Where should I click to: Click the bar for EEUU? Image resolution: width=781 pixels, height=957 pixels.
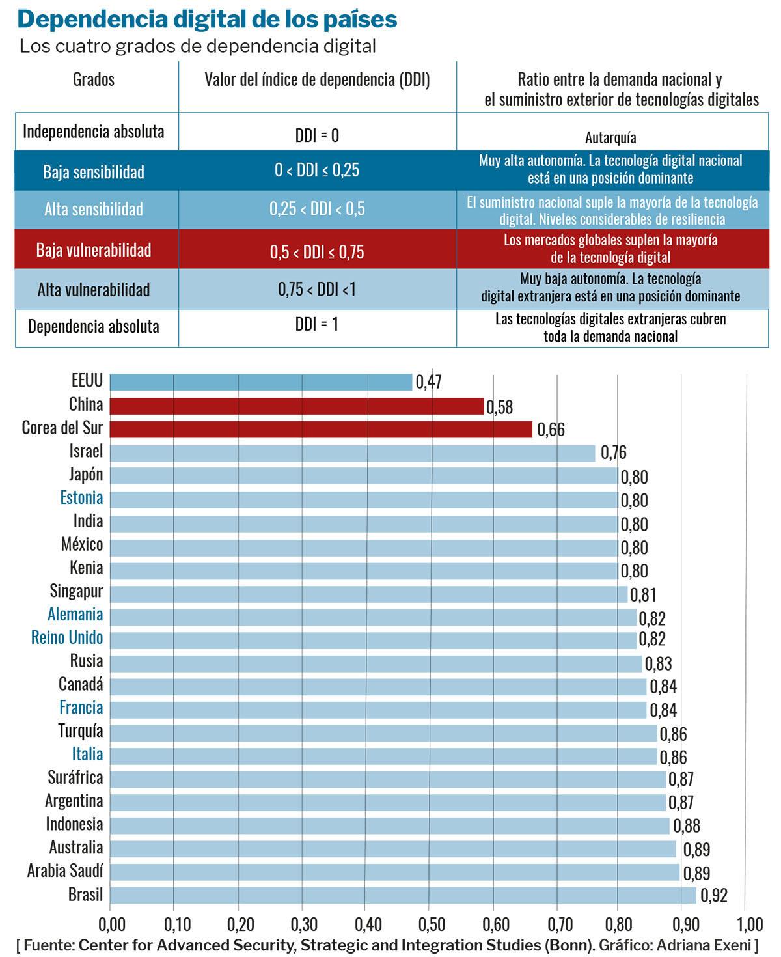point(260,382)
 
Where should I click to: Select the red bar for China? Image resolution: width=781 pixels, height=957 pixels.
point(297,406)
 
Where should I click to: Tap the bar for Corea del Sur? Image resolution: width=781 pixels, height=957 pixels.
point(321,429)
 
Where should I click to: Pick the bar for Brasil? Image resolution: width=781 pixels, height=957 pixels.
point(403,895)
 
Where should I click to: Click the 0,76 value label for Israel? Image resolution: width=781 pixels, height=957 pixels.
point(613,452)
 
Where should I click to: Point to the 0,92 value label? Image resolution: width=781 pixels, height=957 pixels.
point(713,896)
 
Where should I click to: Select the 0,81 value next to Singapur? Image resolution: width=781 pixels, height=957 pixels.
point(642,595)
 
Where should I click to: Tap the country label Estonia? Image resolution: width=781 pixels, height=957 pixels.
point(81,498)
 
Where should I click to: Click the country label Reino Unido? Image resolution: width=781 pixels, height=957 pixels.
point(67,638)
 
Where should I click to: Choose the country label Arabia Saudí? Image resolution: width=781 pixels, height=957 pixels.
point(65,871)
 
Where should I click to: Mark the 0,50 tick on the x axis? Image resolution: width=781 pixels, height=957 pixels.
point(431,924)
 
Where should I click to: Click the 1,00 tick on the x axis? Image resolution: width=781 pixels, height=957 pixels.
point(749,924)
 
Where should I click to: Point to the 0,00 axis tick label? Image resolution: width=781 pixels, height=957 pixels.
point(111,924)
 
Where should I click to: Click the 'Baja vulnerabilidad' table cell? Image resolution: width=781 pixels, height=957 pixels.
point(94,250)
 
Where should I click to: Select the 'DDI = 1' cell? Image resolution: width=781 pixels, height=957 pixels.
point(317,324)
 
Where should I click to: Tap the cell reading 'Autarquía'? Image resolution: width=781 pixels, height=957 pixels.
point(610,137)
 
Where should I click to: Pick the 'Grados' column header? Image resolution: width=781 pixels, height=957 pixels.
point(94,80)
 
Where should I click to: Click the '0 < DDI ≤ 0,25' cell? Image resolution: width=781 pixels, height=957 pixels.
point(317,171)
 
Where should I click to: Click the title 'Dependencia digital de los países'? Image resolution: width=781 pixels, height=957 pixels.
point(207,20)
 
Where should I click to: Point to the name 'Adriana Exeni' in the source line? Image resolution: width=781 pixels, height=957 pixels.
point(703,945)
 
